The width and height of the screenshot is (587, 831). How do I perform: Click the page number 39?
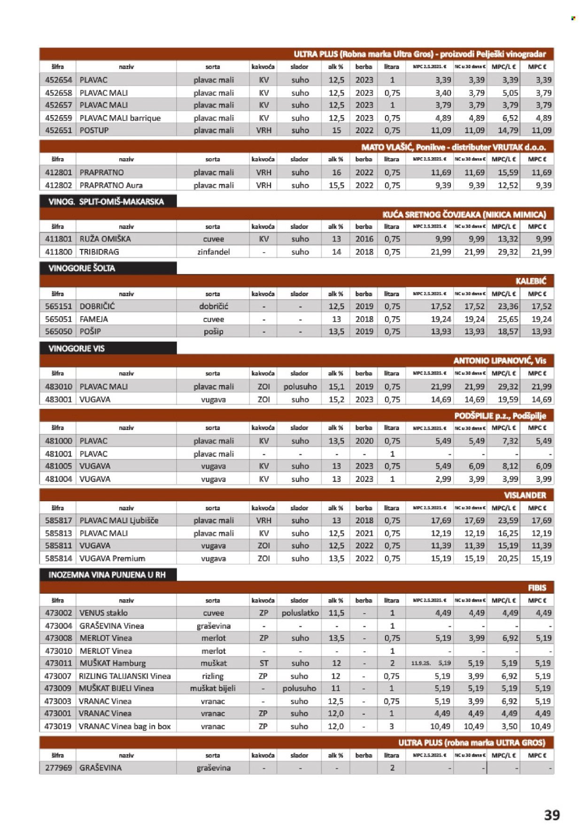point(551,815)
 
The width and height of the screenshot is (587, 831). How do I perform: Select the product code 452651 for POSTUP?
point(58,130)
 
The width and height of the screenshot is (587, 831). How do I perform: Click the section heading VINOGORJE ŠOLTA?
point(82,268)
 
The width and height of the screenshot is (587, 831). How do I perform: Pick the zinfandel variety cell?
point(213,252)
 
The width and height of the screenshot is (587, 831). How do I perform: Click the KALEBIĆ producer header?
point(531,281)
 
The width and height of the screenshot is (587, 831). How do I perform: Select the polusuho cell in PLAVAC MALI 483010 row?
point(300,387)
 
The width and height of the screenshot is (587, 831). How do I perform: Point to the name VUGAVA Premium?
point(112,559)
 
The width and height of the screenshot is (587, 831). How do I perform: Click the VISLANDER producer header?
point(525,495)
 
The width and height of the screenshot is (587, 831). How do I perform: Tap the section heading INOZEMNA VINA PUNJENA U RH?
point(107,575)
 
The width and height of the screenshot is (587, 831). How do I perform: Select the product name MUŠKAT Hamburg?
point(113,663)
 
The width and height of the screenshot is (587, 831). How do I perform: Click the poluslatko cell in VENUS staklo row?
point(300,613)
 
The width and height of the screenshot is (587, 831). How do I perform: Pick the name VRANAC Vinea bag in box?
point(124,726)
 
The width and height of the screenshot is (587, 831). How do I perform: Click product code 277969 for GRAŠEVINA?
point(58,768)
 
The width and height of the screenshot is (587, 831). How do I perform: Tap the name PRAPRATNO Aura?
point(111,185)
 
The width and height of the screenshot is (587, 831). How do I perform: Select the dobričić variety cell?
point(213,306)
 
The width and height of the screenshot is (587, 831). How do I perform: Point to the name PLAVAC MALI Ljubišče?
point(119,520)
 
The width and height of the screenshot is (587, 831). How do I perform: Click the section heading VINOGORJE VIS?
point(77,349)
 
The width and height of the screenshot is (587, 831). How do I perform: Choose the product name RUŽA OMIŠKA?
point(105,239)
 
